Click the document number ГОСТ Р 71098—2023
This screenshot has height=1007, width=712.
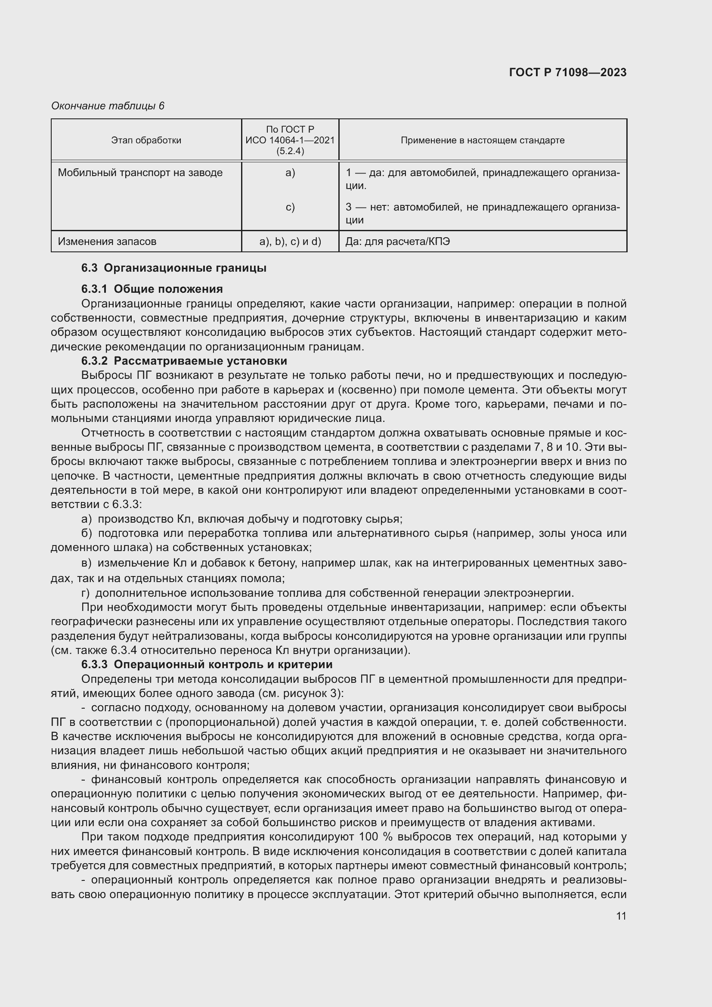567,72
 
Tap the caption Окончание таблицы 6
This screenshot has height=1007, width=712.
108,106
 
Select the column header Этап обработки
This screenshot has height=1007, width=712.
146,140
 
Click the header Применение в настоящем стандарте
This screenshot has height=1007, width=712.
482,140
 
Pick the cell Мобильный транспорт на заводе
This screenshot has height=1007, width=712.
140,173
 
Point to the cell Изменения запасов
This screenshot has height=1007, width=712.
107,242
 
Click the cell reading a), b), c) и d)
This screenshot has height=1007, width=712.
290,242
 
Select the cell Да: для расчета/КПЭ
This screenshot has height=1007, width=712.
397,242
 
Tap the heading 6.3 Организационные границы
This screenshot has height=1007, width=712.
173,268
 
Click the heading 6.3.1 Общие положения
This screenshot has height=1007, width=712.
152,289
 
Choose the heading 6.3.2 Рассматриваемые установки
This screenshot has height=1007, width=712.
184,361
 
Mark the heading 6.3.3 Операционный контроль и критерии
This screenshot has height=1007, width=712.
207,664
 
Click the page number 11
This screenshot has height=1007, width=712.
621,916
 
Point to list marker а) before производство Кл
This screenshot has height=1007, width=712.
87,519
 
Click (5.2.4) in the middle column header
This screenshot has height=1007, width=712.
290,151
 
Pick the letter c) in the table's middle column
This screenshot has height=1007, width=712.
290,207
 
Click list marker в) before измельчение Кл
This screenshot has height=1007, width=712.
87,563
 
